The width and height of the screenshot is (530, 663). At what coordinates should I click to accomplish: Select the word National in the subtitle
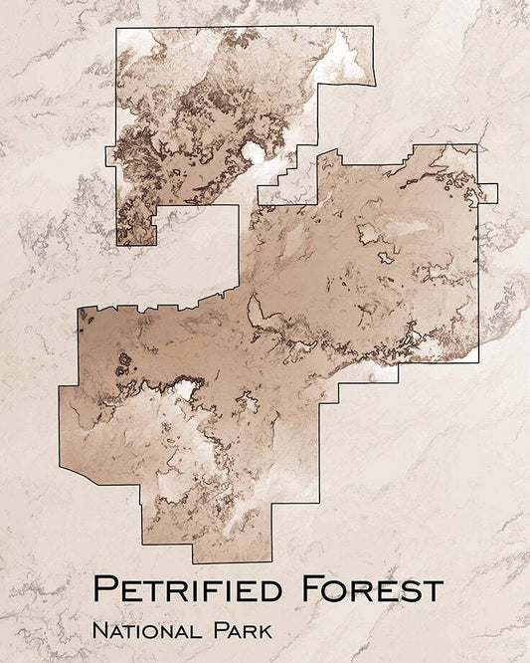pyautogui.click(x=147, y=630)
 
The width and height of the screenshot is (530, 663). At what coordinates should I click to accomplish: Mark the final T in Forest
pyautogui.click(x=433, y=590)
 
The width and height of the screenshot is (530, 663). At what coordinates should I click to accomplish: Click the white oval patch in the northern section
pyautogui.click(x=254, y=153)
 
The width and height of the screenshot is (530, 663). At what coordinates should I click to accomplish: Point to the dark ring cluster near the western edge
pyautogui.click(x=124, y=362)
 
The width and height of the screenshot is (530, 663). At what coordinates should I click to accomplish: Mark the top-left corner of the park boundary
pyautogui.click(x=116, y=28)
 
